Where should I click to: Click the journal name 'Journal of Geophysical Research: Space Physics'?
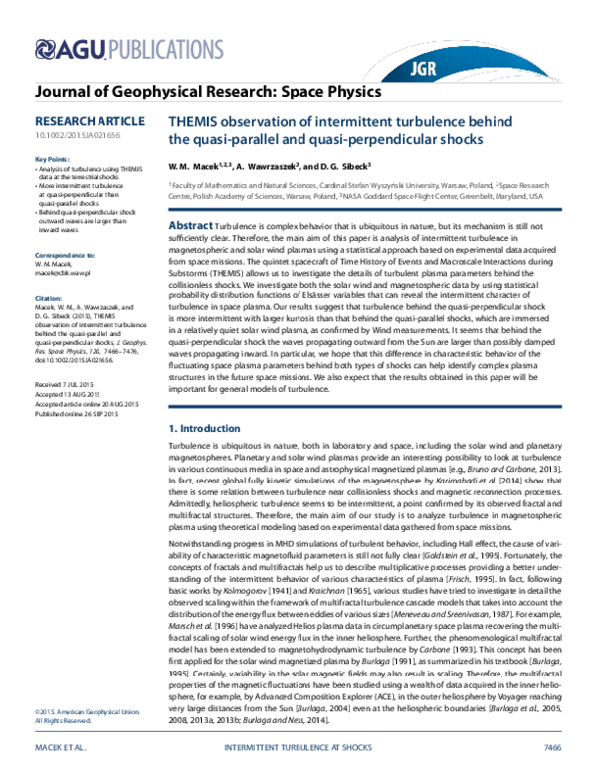point(208,93)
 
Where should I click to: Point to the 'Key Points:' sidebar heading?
point(52,159)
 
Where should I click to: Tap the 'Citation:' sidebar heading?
point(48,270)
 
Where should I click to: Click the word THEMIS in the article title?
point(198,120)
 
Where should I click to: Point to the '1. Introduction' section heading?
point(206,426)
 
